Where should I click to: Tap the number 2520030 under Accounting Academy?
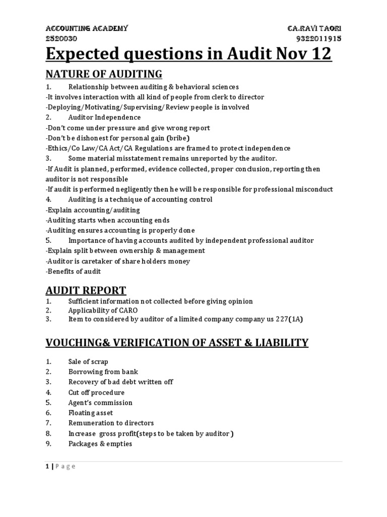pyautogui.click(x=61, y=38)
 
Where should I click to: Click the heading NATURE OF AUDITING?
pyautogui.click(x=104, y=74)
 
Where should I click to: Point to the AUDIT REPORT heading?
pyautogui.click(x=86, y=290)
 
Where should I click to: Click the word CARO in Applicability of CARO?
pyautogui.click(x=127, y=310)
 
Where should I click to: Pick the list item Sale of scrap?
pyautogui.click(x=88, y=361)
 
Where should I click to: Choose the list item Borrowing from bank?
pyautogui.click(x=103, y=372)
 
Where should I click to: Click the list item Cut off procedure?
pyautogui.click(x=96, y=392)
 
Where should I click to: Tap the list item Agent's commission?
pyautogui.click(x=100, y=402)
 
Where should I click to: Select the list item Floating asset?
pyautogui.click(x=91, y=413)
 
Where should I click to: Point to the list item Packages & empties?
pyautogui.click(x=100, y=444)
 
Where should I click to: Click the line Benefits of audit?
pyautogui.click(x=74, y=271)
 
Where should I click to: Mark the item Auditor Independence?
pyautogui.click(x=104, y=117)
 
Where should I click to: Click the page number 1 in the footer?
pyautogui.click(x=47, y=466)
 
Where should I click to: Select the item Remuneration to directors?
pyautogui.click(x=111, y=423)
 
